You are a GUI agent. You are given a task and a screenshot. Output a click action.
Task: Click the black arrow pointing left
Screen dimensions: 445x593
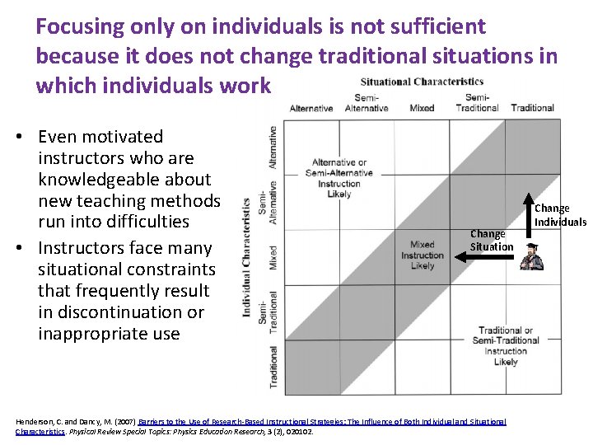[486, 257]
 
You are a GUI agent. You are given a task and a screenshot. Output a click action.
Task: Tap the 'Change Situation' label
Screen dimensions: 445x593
[492, 240]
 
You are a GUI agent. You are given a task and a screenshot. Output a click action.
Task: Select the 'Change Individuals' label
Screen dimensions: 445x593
[560, 214]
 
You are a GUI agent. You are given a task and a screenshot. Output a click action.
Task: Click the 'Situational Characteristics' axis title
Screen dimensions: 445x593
[422, 82]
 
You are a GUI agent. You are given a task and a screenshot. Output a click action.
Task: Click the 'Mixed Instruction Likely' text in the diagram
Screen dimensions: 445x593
[423, 255]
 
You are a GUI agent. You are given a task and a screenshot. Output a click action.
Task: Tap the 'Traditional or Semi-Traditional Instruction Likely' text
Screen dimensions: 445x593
[506, 346]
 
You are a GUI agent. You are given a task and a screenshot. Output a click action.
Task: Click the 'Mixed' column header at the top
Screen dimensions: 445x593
[422, 108]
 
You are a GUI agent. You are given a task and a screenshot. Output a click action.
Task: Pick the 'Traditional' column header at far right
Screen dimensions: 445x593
[532, 108]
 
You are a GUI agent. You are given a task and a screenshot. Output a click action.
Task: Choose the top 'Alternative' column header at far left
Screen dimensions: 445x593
[311, 108]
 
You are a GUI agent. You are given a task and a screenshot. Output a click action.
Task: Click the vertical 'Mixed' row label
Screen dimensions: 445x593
[273, 256]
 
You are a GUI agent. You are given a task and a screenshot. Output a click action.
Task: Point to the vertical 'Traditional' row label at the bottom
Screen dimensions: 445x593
[273, 367]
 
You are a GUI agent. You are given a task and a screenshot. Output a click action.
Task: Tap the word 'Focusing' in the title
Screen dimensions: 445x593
[78, 26]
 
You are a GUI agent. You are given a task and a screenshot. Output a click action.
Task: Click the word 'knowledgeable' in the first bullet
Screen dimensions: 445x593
[124, 180]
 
